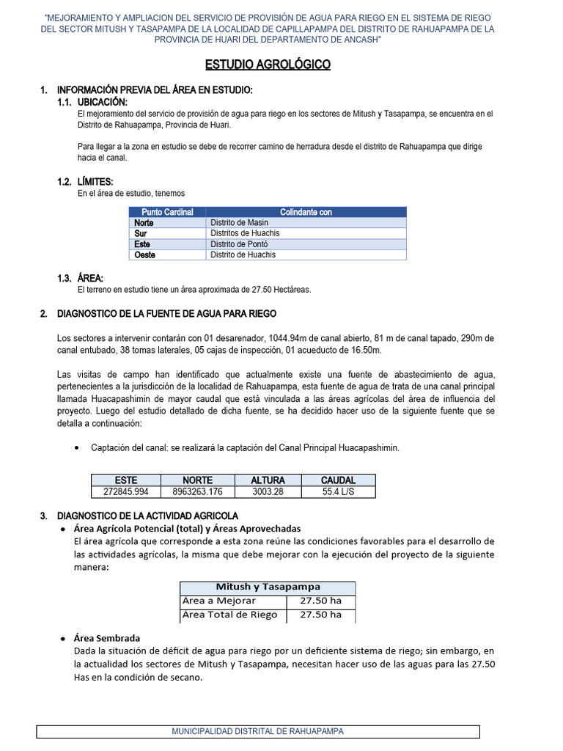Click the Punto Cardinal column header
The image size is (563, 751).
[167, 212]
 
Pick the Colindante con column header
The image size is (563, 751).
[306, 212]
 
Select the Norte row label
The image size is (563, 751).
[144, 222]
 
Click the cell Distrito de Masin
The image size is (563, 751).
[239, 222]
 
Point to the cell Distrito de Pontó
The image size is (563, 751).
[239, 243]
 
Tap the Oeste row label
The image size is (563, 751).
[146, 254]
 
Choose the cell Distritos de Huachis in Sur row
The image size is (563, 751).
[244, 233]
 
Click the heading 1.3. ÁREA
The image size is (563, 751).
[80, 278]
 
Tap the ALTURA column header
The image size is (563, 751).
[268, 480]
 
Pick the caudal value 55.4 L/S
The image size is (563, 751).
[338, 492]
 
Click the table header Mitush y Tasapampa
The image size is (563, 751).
[268, 587]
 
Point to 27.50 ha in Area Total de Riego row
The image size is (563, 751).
[320, 615]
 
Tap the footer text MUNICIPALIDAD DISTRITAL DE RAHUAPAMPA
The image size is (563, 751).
[257, 731]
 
